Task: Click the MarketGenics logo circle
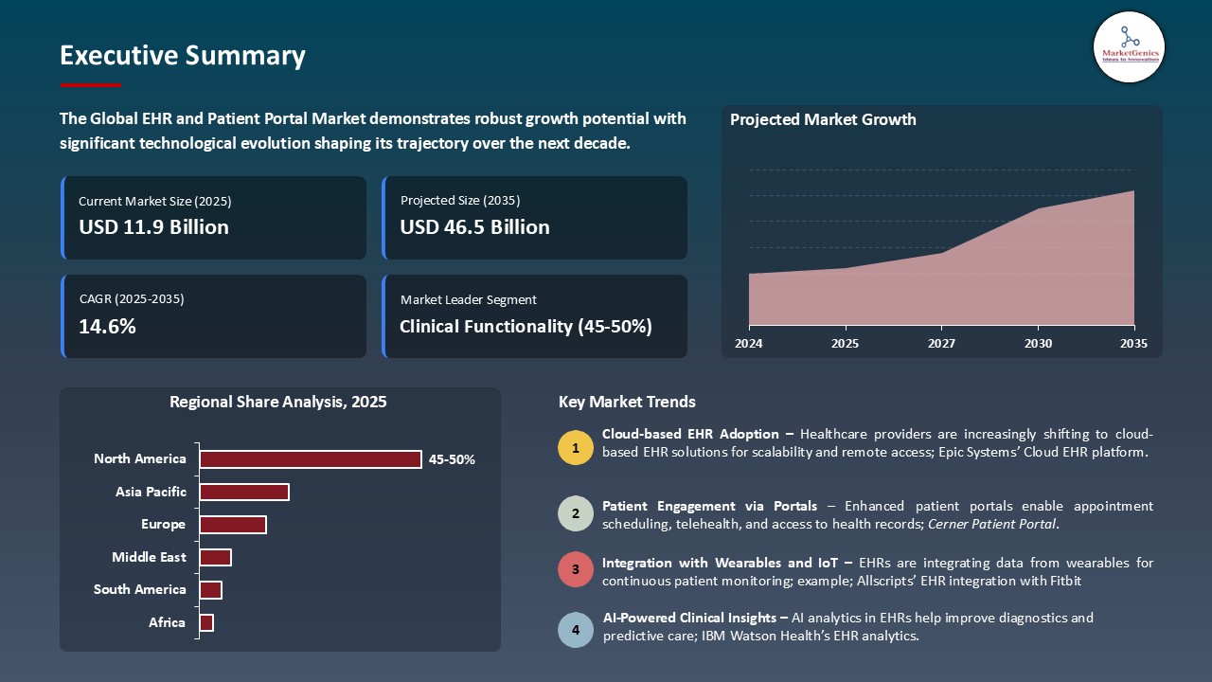pyautogui.click(x=1129, y=46)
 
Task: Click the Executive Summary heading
pyautogui.click(x=182, y=56)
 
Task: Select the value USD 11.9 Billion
pyautogui.click(x=153, y=227)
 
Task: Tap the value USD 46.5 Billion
pyautogui.click(x=474, y=227)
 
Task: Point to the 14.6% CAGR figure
pyautogui.click(x=107, y=327)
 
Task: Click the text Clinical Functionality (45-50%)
pyautogui.click(x=526, y=327)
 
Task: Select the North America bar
pyautogui.click(x=310, y=459)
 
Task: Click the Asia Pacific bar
pyautogui.click(x=243, y=492)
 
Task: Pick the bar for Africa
pyautogui.click(x=206, y=622)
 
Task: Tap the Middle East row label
pyautogui.click(x=149, y=557)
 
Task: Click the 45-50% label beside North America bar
pyautogui.click(x=452, y=459)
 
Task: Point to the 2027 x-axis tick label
pyautogui.click(x=941, y=344)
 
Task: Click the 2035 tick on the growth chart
pyautogui.click(x=1133, y=344)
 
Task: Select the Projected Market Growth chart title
pyautogui.click(x=823, y=119)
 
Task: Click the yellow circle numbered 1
pyautogui.click(x=576, y=447)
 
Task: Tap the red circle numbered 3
pyautogui.click(x=576, y=570)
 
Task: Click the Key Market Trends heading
pyautogui.click(x=627, y=402)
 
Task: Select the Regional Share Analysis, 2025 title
pyautogui.click(x=277, y=402)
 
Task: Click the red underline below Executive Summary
pyautogui.click(x=90, y=85)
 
